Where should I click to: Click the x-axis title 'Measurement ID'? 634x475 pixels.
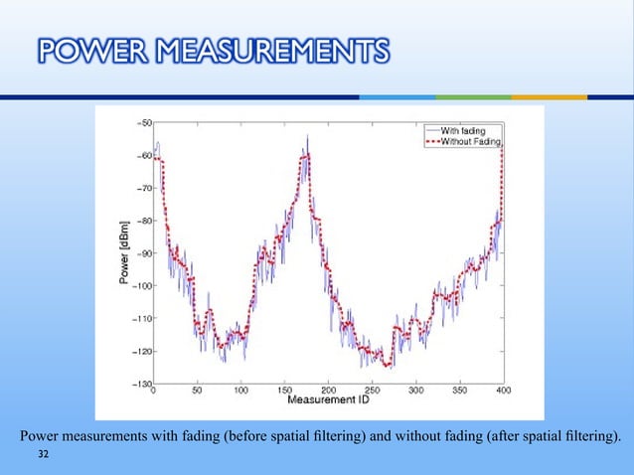(329, 401)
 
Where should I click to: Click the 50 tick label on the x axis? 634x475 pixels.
(197, 392)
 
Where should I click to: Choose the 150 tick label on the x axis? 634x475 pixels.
(284, 392)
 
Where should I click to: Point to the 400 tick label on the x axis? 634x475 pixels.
(503, 392)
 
